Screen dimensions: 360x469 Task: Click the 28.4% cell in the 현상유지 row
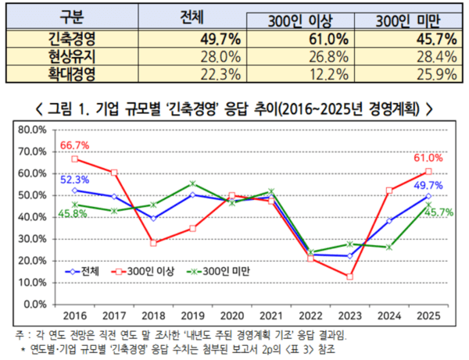407,57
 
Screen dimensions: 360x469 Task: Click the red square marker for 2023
348,276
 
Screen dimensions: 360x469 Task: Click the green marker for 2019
193,184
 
